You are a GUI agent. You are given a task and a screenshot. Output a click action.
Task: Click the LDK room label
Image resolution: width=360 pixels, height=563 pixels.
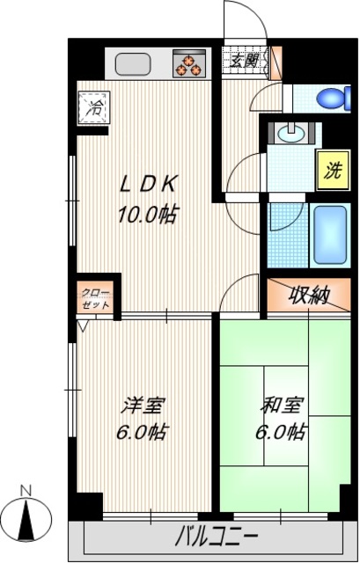point(151,185)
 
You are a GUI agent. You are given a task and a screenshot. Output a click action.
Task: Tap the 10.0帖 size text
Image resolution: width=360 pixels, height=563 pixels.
point(150,213)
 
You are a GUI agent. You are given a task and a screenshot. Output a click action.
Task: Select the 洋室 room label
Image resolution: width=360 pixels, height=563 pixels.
point(143,406)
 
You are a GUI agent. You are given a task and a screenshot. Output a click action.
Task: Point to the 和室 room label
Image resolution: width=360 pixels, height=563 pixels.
point(283,406)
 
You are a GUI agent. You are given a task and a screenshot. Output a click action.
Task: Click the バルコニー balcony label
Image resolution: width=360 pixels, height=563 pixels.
point(217,535)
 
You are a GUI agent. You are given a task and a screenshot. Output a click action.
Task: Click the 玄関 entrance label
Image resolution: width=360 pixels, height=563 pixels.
point(245,62)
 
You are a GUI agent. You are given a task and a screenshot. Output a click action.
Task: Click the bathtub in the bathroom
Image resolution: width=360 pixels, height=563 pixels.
point(331,234)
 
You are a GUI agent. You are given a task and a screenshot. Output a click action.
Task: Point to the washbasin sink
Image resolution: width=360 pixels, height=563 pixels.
point(289,134)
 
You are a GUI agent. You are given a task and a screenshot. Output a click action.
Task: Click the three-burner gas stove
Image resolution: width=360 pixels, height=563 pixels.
point(188,63)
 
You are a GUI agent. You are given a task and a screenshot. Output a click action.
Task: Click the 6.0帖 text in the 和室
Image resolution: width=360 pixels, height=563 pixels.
point(283,433)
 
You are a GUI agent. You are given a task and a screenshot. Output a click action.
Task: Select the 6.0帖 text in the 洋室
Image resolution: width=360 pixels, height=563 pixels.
point(143,433)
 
